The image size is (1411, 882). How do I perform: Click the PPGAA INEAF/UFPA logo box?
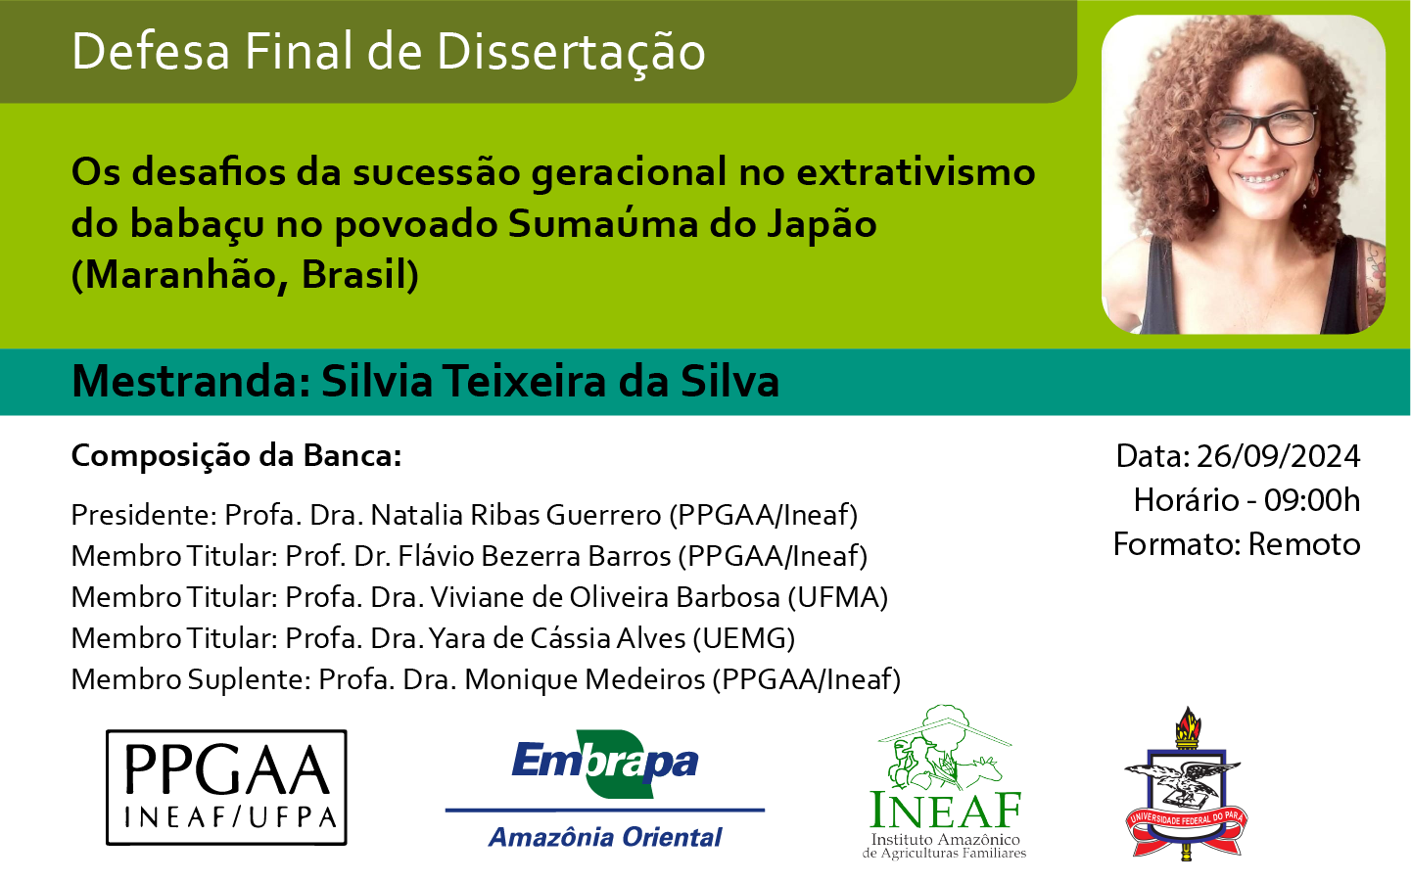(226, 787)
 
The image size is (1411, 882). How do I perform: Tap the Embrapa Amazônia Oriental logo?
(605, 789)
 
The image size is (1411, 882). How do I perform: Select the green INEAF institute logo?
(944, 782)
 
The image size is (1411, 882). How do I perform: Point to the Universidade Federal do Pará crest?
(1186, 784)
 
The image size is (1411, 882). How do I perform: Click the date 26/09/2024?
(1278, 456)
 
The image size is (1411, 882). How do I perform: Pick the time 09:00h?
(1312, 500)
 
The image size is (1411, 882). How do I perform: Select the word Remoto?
(1304, 544)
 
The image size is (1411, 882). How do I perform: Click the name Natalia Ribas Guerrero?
(516, 515)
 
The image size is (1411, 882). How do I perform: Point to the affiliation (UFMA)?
(838, 597)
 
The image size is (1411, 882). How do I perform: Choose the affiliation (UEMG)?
(744, 638)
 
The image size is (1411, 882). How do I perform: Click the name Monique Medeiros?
(585, 679)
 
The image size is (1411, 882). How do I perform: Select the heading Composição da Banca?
(236, 456)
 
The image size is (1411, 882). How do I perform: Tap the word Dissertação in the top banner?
(571, 52)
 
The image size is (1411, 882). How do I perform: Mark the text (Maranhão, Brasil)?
(245, 274)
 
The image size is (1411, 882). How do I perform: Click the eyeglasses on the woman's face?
(1262, 128)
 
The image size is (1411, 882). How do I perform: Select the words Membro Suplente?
(191, 680)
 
